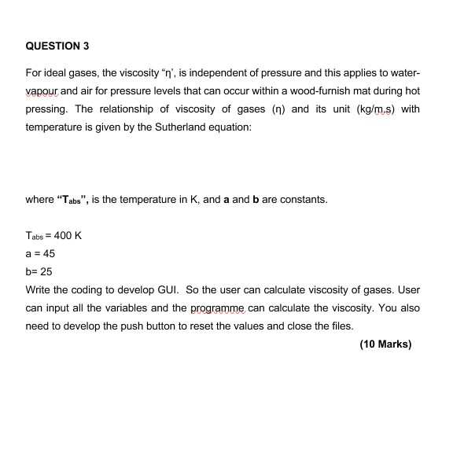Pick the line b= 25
point(39,272)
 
